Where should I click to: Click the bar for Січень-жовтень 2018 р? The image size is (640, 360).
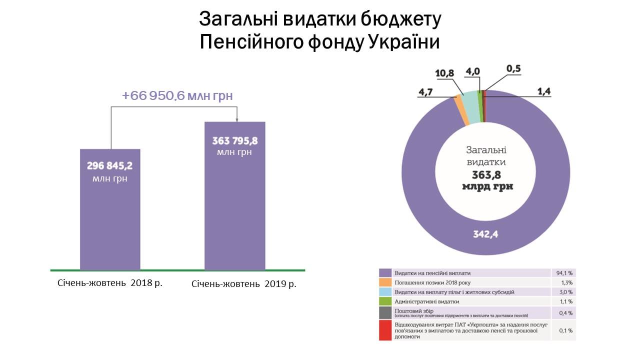[110, 220]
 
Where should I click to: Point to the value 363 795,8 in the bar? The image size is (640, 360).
[234, 140]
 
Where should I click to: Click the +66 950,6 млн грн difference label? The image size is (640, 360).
[177, 95]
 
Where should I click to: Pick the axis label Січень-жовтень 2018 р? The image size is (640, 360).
[110, 282]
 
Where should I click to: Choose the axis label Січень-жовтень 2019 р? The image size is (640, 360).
[243, 284]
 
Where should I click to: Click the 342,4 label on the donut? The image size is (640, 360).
[485, 233]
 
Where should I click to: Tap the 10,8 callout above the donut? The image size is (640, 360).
[444, 73]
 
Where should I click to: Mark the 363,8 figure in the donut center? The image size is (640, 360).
[485, 174]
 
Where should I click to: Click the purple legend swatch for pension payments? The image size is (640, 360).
[385, 273]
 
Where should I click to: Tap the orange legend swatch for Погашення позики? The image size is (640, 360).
[385, 282]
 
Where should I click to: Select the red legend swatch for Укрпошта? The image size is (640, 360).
[385, 330]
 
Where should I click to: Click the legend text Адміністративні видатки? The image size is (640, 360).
[426, 301]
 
